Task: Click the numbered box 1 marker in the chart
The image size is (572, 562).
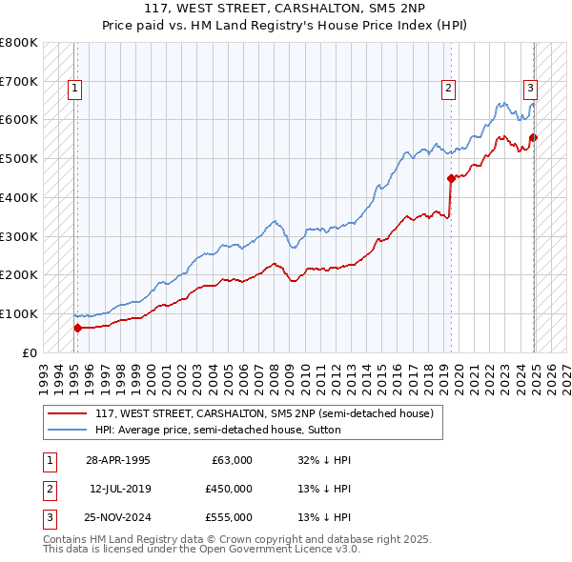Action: click(74, 90)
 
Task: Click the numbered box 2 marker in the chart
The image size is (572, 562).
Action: click(448, 90)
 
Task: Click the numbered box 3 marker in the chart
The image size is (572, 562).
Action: click(530, 90)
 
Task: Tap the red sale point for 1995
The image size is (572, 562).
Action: click(77, 328)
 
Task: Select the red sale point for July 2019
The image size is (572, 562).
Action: click(451, 177)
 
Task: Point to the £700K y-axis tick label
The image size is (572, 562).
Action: click(19, 81)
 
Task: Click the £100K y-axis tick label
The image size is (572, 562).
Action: click(19, 313)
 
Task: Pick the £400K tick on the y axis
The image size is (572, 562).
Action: click(19, 197)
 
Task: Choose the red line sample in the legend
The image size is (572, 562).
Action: click(68, 413)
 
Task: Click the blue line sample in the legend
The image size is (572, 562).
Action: click(68, 430)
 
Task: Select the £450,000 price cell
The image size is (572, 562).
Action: click(228, 489)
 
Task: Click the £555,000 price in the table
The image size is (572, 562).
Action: click(228, 517)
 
